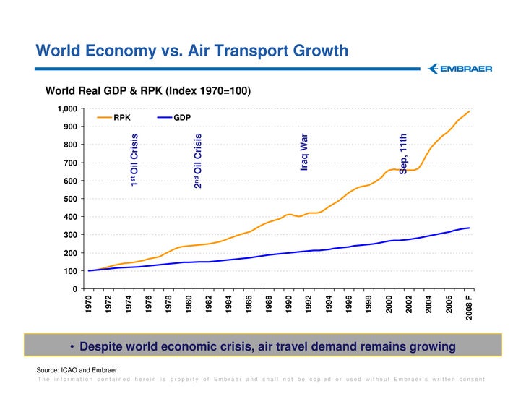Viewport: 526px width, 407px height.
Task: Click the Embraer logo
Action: pyautogui.click(x=460, y=69)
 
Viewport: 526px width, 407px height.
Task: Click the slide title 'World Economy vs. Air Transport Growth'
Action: pyautogui.click(x=192, y=51)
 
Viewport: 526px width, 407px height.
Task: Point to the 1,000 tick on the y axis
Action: pyautogui.click(x=66, y=109)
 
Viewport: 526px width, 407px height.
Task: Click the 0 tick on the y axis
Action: pyautogui.click(x=75, y=289)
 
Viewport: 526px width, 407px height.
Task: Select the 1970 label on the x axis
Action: pyautogui.click(x=89, y=303)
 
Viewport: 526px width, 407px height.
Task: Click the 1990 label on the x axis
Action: pyautogui.click(x=289, y=303)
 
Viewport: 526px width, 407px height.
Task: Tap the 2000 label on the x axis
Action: pyautogui.click(x=389, y=303)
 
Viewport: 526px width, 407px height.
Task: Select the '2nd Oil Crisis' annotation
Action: pyautogui.click(x=197, y=160)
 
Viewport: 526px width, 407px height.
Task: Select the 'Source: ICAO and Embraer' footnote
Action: pyautogui.click(x=77, y=370)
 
